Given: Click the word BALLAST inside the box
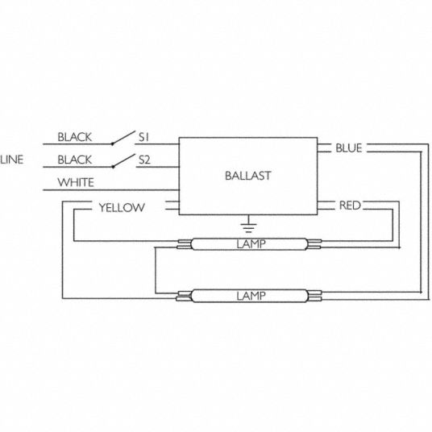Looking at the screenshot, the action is [248, 176].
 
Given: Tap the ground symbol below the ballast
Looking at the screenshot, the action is [248, 224].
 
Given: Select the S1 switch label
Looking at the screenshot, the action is [143, 137].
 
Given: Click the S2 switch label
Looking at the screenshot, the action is [144, 160].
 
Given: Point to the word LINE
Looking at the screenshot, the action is [12, 160].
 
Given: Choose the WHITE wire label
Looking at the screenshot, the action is [76, 182].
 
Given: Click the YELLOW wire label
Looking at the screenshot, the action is [122, 207].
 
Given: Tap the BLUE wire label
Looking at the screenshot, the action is [349, 148].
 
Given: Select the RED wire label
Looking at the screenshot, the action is [350, 206].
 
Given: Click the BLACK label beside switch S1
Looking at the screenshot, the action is [74, 137].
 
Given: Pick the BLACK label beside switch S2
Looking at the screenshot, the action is [74, 160].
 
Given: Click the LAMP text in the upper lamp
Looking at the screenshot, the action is [251, 244].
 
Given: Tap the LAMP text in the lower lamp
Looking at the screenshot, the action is [251, 296].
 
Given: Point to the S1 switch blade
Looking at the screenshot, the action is [123, 137].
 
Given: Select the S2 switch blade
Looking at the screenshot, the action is [124, 160].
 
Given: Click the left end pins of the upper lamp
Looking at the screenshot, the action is [184, 244].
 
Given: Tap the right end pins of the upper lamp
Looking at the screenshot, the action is [314, 244].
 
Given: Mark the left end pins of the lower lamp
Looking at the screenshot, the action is [184, 296].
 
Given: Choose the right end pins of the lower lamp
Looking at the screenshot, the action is [314, 296].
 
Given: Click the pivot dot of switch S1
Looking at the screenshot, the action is [112, 143].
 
